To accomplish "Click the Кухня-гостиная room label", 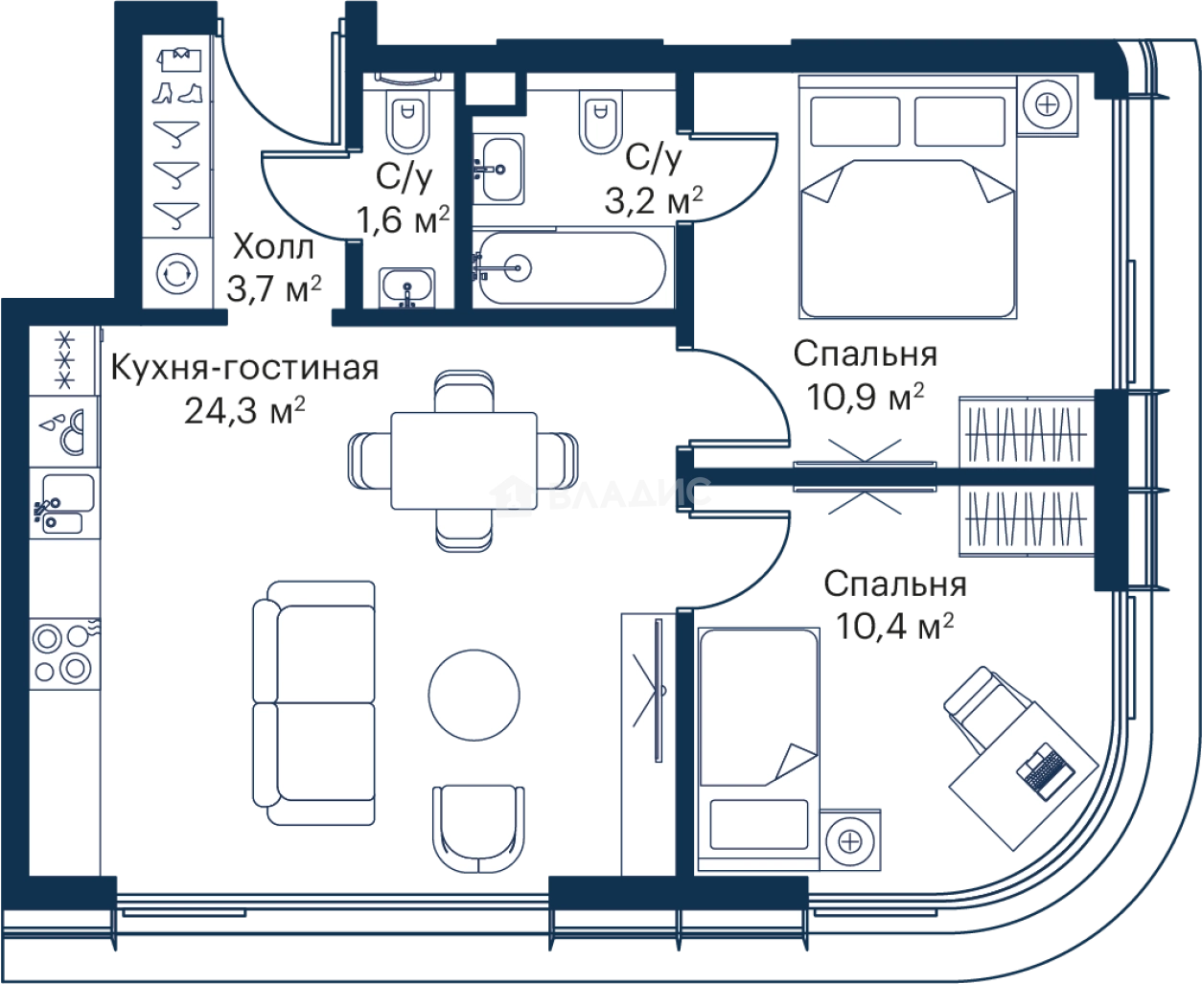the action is [x=244, y=368].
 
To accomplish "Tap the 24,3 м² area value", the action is [x=244, y=410].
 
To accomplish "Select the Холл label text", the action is [x=273, y=248].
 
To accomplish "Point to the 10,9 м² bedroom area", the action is [x=866, y=397].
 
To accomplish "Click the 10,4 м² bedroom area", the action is [x=895, y=626].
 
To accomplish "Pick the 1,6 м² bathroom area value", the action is [x=403, y=219].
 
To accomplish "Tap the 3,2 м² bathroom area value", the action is [x=653, y=200].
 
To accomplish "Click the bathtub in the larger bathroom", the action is [x=571, y=267].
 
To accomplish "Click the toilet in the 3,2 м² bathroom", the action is [x=600, y=122].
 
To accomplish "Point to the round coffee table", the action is [x=474, y=696].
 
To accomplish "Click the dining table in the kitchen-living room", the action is [x=464, y=460].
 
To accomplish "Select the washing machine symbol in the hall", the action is [x=177, y=274].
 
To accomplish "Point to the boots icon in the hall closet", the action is [x=177, y=93].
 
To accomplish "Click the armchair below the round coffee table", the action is [x=478, y=829].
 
